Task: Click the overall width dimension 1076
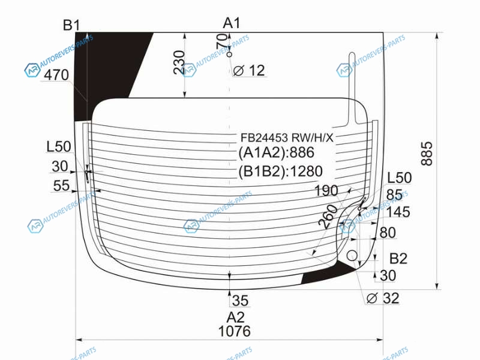(x=235, y=331)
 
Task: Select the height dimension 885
(x=427, y=154)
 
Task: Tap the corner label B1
(x=71, y=25)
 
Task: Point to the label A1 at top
(x=232, y=23)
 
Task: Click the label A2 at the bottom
(x=235, y=317)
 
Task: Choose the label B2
(x=398, y=259)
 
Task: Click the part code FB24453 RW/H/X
(x=287, y=138)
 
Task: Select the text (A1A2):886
(x=276, y=152)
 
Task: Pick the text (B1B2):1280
(x=280, y=171)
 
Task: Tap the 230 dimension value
(x=179, y=62)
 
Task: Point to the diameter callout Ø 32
(x=383, y=298)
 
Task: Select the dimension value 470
(x=56, y=75)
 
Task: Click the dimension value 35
(x=240, y=301)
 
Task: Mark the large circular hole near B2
(x=352, y=256)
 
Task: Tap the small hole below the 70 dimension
(x=229, y=55)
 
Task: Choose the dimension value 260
(x=328, y=217)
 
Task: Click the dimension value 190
(x=326, y=191)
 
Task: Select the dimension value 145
(x=398, y=212)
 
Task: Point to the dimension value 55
(x=61, y=185)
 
